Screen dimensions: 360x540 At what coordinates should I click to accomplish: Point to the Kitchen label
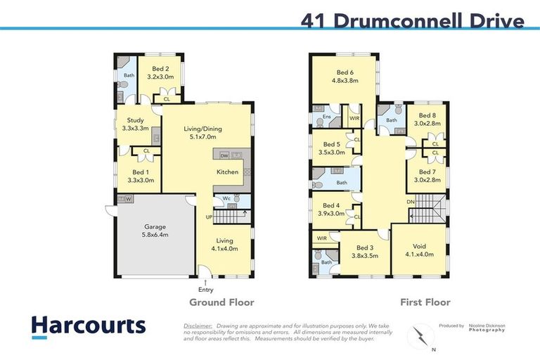click(x=227, y=172)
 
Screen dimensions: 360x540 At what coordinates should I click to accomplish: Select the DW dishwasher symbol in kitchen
click(x=224, y=156)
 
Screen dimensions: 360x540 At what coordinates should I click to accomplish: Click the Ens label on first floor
click(x=326, y=117)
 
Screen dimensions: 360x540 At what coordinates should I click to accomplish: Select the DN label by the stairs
click(x=411, y=202)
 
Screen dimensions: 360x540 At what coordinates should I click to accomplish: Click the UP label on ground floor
click(x=209, y=217)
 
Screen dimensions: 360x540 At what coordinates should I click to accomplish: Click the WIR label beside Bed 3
click(x=322, y=238)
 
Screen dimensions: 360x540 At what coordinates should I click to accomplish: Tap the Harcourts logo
click(x=88, y=326)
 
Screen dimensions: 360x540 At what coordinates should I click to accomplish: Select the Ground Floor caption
click(x=221, y=302)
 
